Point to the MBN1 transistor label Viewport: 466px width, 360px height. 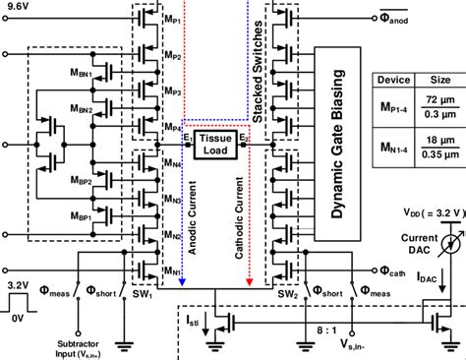pos(80,75)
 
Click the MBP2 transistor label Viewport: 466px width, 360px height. pos(80,183)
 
